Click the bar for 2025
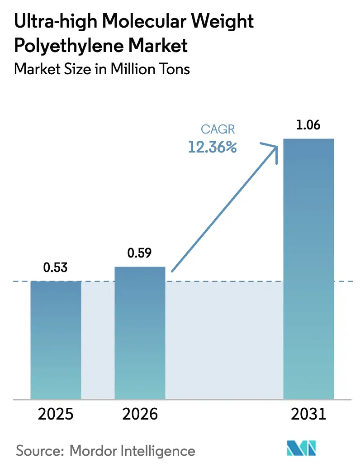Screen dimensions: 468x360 coord(56,339)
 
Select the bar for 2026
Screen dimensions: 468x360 coord(140,333)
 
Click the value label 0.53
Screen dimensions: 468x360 coord(56,267)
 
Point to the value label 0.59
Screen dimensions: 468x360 coord(140,253)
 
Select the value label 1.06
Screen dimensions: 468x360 coord(308,125)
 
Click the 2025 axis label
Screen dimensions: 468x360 coord(56,414)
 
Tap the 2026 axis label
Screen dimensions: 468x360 coord(140,414)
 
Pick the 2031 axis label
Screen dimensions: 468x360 coord(308,414)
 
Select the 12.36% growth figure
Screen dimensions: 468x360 coord(213,147)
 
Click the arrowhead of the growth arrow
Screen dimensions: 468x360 coord(272,149)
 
